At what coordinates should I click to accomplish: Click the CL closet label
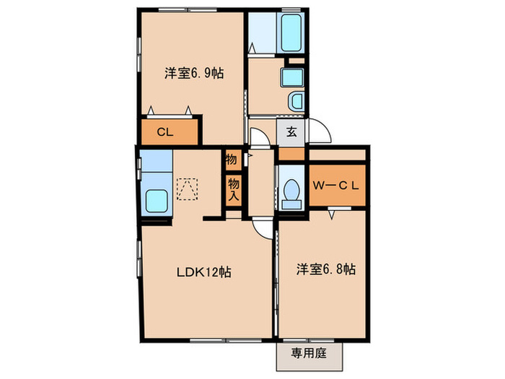tap(165, 132)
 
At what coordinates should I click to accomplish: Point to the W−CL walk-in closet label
tap(335, 185)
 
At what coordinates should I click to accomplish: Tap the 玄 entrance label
tap(291, 132)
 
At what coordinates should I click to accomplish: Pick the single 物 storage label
tap(232, 159)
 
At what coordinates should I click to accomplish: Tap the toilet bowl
tap(292, 191)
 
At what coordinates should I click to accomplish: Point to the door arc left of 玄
tap(259, 134)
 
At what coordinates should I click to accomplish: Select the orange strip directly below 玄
tap(291, 154)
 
